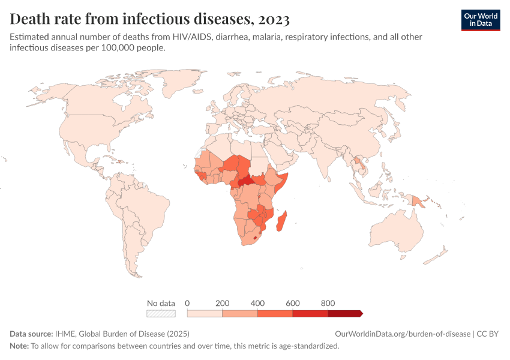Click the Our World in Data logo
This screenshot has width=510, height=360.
click(481, 20)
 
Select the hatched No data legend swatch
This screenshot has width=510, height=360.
click(161, 313)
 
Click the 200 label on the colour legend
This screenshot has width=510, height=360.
click(222, 304)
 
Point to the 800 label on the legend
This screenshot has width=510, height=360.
click(328, 304)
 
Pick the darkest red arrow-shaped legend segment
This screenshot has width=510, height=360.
click(346, 313)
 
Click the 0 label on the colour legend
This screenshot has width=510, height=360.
click(187, 304)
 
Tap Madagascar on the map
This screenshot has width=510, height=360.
click(281, 221)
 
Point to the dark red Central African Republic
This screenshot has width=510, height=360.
click(247, 181)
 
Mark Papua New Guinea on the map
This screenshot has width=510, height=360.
click(418, 201)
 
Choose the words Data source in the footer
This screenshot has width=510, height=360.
click(31, 334)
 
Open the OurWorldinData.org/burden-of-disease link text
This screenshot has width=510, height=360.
click(403, 334)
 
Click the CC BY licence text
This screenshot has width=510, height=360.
click(488, 334)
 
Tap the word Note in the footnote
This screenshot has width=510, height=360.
click(19, 346)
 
